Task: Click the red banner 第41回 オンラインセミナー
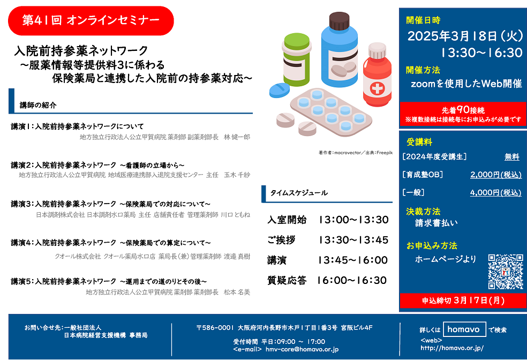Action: click(91, 20)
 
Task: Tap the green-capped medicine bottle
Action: click(296, 60)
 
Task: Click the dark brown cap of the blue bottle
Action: click(339, 21)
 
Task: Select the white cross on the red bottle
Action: click(377, 88)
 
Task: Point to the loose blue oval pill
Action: click(279, 90)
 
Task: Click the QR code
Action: click(506, 272)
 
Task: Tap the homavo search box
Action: click(464, 329)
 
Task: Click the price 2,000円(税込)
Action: click(496, 175)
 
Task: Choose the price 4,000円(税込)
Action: click(496, 192)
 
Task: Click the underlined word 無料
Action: click(512, 156)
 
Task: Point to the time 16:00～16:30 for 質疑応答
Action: click(352, 280)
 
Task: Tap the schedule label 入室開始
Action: click(287, 220)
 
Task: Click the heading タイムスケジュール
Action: click(299, 193)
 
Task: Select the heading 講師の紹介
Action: click(38, 105)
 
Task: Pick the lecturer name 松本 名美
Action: click(237, 292)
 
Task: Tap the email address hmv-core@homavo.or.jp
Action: click(302, 349)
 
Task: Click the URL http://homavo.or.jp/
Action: click(452, 348)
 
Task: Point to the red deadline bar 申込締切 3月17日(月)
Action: click(463, 301)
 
